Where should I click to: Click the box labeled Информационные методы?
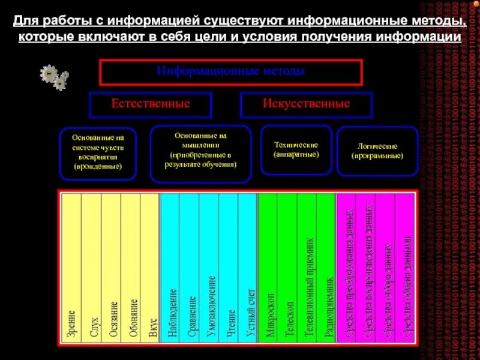(x=231, y=72)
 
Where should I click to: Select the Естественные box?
(x=151, y=104)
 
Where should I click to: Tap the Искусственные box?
(x=306, y=104)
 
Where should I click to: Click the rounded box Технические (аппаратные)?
(x=296, y=150)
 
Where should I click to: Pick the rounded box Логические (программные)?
(x=377, y=151)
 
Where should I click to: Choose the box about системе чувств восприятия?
(x=98, y=154)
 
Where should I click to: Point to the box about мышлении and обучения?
(x=201, y=154)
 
